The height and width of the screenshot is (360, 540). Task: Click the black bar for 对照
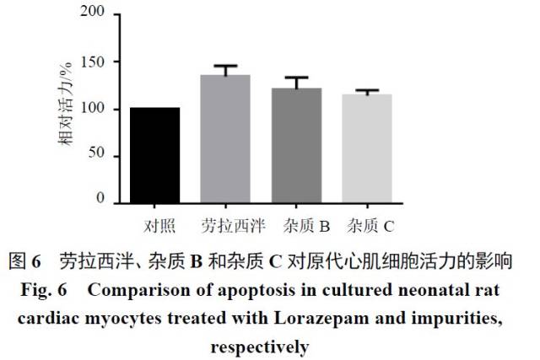click(154, 155)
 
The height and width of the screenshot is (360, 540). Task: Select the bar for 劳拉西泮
click(225, 139)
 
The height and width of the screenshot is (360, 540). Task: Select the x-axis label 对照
click(155, 226)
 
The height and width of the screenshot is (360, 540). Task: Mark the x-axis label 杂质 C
click(371, 226)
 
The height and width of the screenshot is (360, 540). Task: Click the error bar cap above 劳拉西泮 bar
click(225, 66)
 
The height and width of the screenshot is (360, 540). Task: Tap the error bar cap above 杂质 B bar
click(296, 77)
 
